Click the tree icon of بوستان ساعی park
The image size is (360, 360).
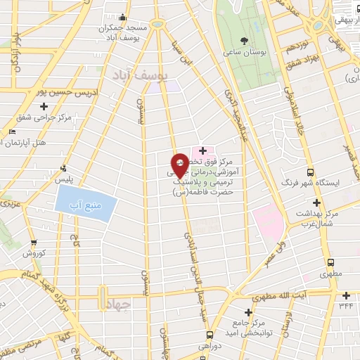244,41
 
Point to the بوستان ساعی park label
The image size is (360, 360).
244,53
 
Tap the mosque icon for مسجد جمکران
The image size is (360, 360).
124,18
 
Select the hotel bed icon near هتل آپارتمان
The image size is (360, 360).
12,132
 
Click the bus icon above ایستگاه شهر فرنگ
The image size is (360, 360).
310,172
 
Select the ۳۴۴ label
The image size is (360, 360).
345,305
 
